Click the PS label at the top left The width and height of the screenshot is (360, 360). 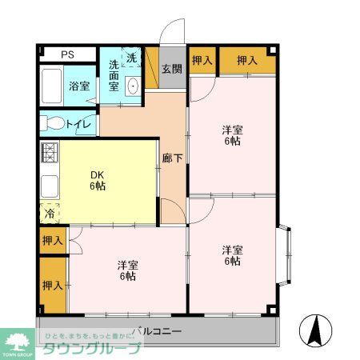pos(68,54)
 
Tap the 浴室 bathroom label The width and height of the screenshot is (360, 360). pos(78,86)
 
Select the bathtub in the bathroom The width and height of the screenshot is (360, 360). pos(53,86)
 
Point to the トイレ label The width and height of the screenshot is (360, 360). pos(78,124)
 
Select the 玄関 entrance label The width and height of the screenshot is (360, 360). pos(171,69)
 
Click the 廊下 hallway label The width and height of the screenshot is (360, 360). pos(171,158)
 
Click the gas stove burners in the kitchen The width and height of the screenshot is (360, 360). pos(50,152)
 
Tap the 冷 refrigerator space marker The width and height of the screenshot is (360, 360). pos(49,214)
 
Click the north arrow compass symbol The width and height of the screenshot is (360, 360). pos(316,329)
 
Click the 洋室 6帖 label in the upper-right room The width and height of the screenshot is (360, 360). pos(231,135)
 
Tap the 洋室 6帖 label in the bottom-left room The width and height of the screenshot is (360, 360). pos(126,270)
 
